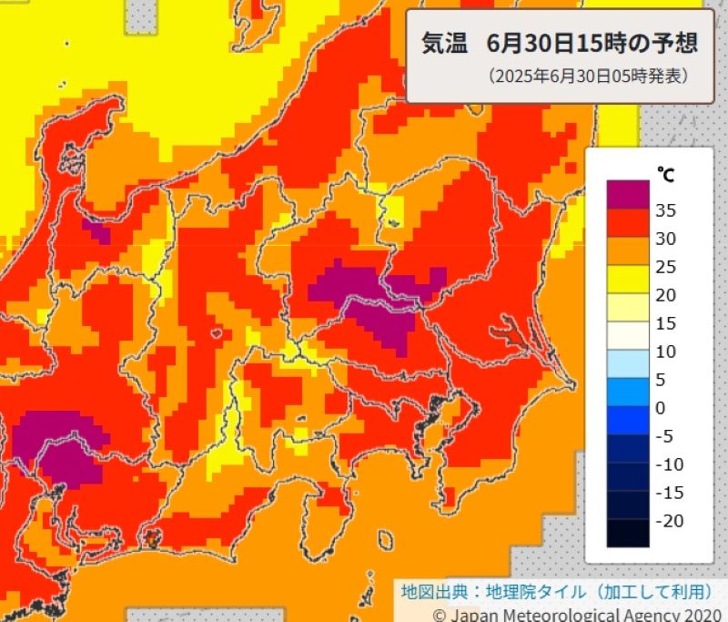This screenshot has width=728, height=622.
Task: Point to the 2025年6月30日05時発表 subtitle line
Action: (587, 76)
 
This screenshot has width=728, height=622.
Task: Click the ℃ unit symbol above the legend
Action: (665, 173)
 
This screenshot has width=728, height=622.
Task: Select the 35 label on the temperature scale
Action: (665, 210)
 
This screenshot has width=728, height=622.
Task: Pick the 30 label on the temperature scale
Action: (665, 239)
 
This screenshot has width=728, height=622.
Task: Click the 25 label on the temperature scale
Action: (665, 267)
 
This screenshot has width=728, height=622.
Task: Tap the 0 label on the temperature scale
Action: (661, 408)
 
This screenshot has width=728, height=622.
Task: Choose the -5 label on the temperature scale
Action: (663, 436)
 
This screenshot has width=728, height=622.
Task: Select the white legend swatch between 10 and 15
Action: (628, 336)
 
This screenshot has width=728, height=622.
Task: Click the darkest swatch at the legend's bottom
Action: (628, 533)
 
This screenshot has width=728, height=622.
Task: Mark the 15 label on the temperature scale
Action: (665, 323)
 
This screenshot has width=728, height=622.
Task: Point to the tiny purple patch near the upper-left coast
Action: (96, 229)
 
